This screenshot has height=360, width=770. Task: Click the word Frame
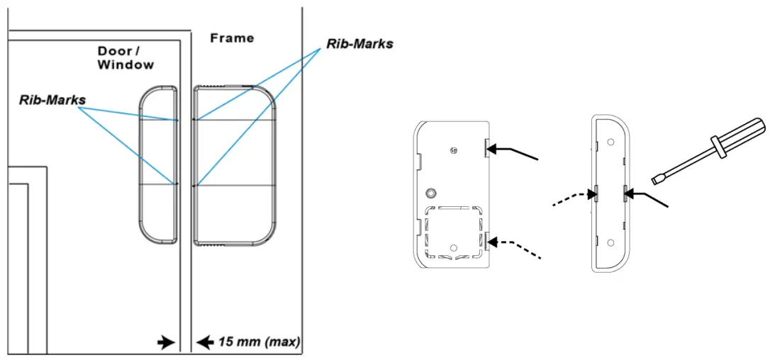pos(232,38)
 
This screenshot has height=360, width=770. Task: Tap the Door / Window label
pos(125,58)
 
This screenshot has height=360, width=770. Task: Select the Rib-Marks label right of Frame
pos(359,43)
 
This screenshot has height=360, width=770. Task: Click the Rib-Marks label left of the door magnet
pos(52,100)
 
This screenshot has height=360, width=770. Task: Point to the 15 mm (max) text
pos(258,342)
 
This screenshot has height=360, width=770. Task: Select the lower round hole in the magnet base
pos(609,242)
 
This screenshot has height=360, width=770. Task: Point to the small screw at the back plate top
pos(453,150)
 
